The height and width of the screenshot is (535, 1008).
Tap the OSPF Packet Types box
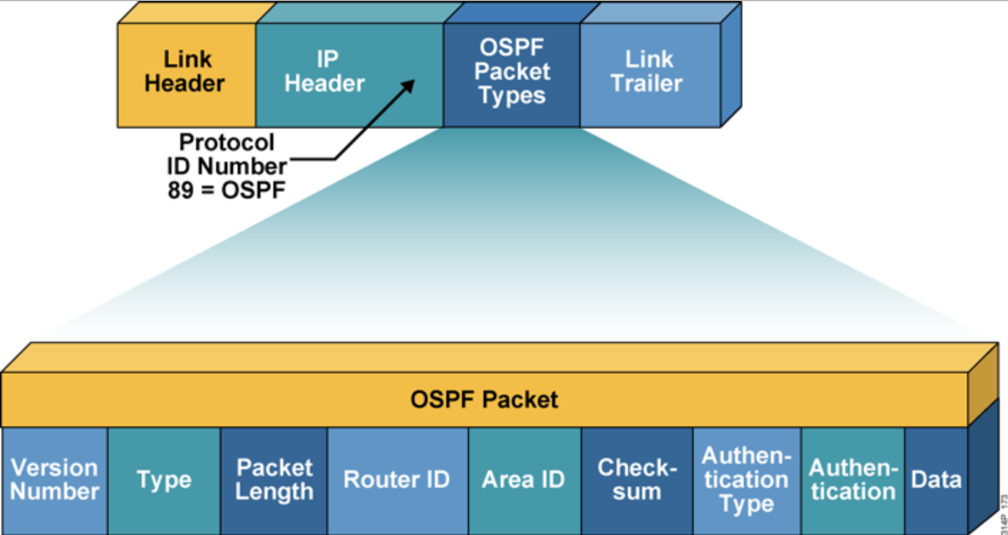(x=511, y=72)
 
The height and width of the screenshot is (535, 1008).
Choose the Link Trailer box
(x=648, y=72)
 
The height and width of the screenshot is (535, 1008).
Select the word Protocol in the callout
(x=226, y=143)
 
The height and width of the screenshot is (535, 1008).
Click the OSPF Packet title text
(x=484, y=399)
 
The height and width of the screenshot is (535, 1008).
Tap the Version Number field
(x=54, y=479)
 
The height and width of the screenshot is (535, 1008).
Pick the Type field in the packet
(x=164, y=479)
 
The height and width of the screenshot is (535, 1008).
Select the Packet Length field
(x=274, y=479)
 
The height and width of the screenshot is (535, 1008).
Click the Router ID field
(x=397, y=479)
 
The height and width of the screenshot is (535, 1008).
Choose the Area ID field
(x=524, y=479)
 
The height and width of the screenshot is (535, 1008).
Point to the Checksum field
(x=636, y=479)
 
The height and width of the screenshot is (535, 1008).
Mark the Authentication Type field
(x=746, y=479)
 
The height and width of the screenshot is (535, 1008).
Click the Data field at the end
(x=936, y=479)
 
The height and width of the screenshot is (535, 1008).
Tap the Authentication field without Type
(x=853, y=479)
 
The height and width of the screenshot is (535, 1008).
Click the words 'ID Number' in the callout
(x=226, y=167)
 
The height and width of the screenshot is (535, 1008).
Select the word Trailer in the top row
(x=647, y=84)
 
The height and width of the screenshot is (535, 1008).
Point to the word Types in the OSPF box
(x=511, y=96)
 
